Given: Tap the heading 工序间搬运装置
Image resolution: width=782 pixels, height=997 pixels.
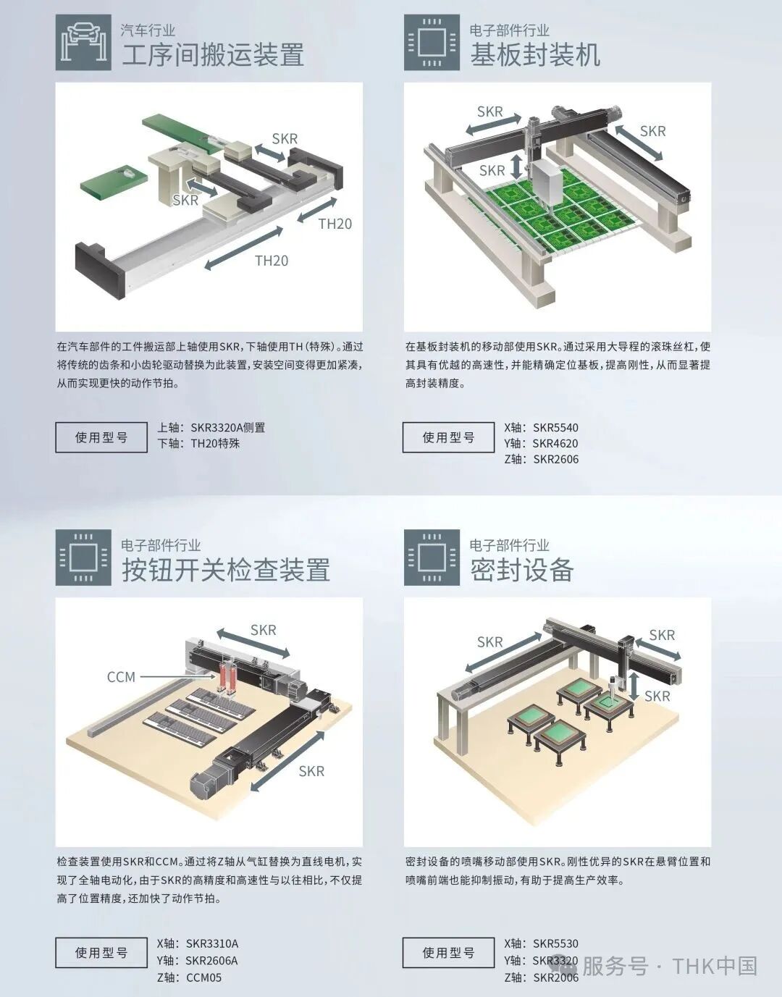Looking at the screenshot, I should coord(213,55).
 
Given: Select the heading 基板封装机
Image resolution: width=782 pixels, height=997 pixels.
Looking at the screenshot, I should coord(535,55).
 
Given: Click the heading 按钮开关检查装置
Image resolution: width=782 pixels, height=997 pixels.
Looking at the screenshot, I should coord(226,571).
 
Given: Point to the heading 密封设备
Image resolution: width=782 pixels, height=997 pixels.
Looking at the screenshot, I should coord(521,571).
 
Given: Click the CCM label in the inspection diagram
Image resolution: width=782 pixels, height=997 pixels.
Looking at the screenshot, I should coord(121,677).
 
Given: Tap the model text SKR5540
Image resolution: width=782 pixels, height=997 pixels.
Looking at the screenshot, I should coord(555,427).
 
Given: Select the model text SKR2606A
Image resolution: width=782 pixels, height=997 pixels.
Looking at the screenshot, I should coord(211,960).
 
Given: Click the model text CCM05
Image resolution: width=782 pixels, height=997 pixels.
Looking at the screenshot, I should coord(203,977).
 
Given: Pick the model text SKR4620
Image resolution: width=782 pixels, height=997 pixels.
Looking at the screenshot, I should coord(555,443).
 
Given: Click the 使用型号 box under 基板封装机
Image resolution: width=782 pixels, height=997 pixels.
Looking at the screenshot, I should coord(448,437).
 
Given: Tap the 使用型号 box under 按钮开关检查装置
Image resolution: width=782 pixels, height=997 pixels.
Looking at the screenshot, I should coord(101,953).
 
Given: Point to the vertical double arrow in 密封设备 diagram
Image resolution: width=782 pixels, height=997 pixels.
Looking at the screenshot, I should coord(635,684).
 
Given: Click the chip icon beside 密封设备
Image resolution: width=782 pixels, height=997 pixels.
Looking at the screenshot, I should coord(432,558).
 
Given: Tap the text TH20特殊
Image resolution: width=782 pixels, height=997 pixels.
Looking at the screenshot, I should coord(215,443).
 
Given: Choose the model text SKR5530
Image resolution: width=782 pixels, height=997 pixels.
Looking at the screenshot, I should coord(555,943).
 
